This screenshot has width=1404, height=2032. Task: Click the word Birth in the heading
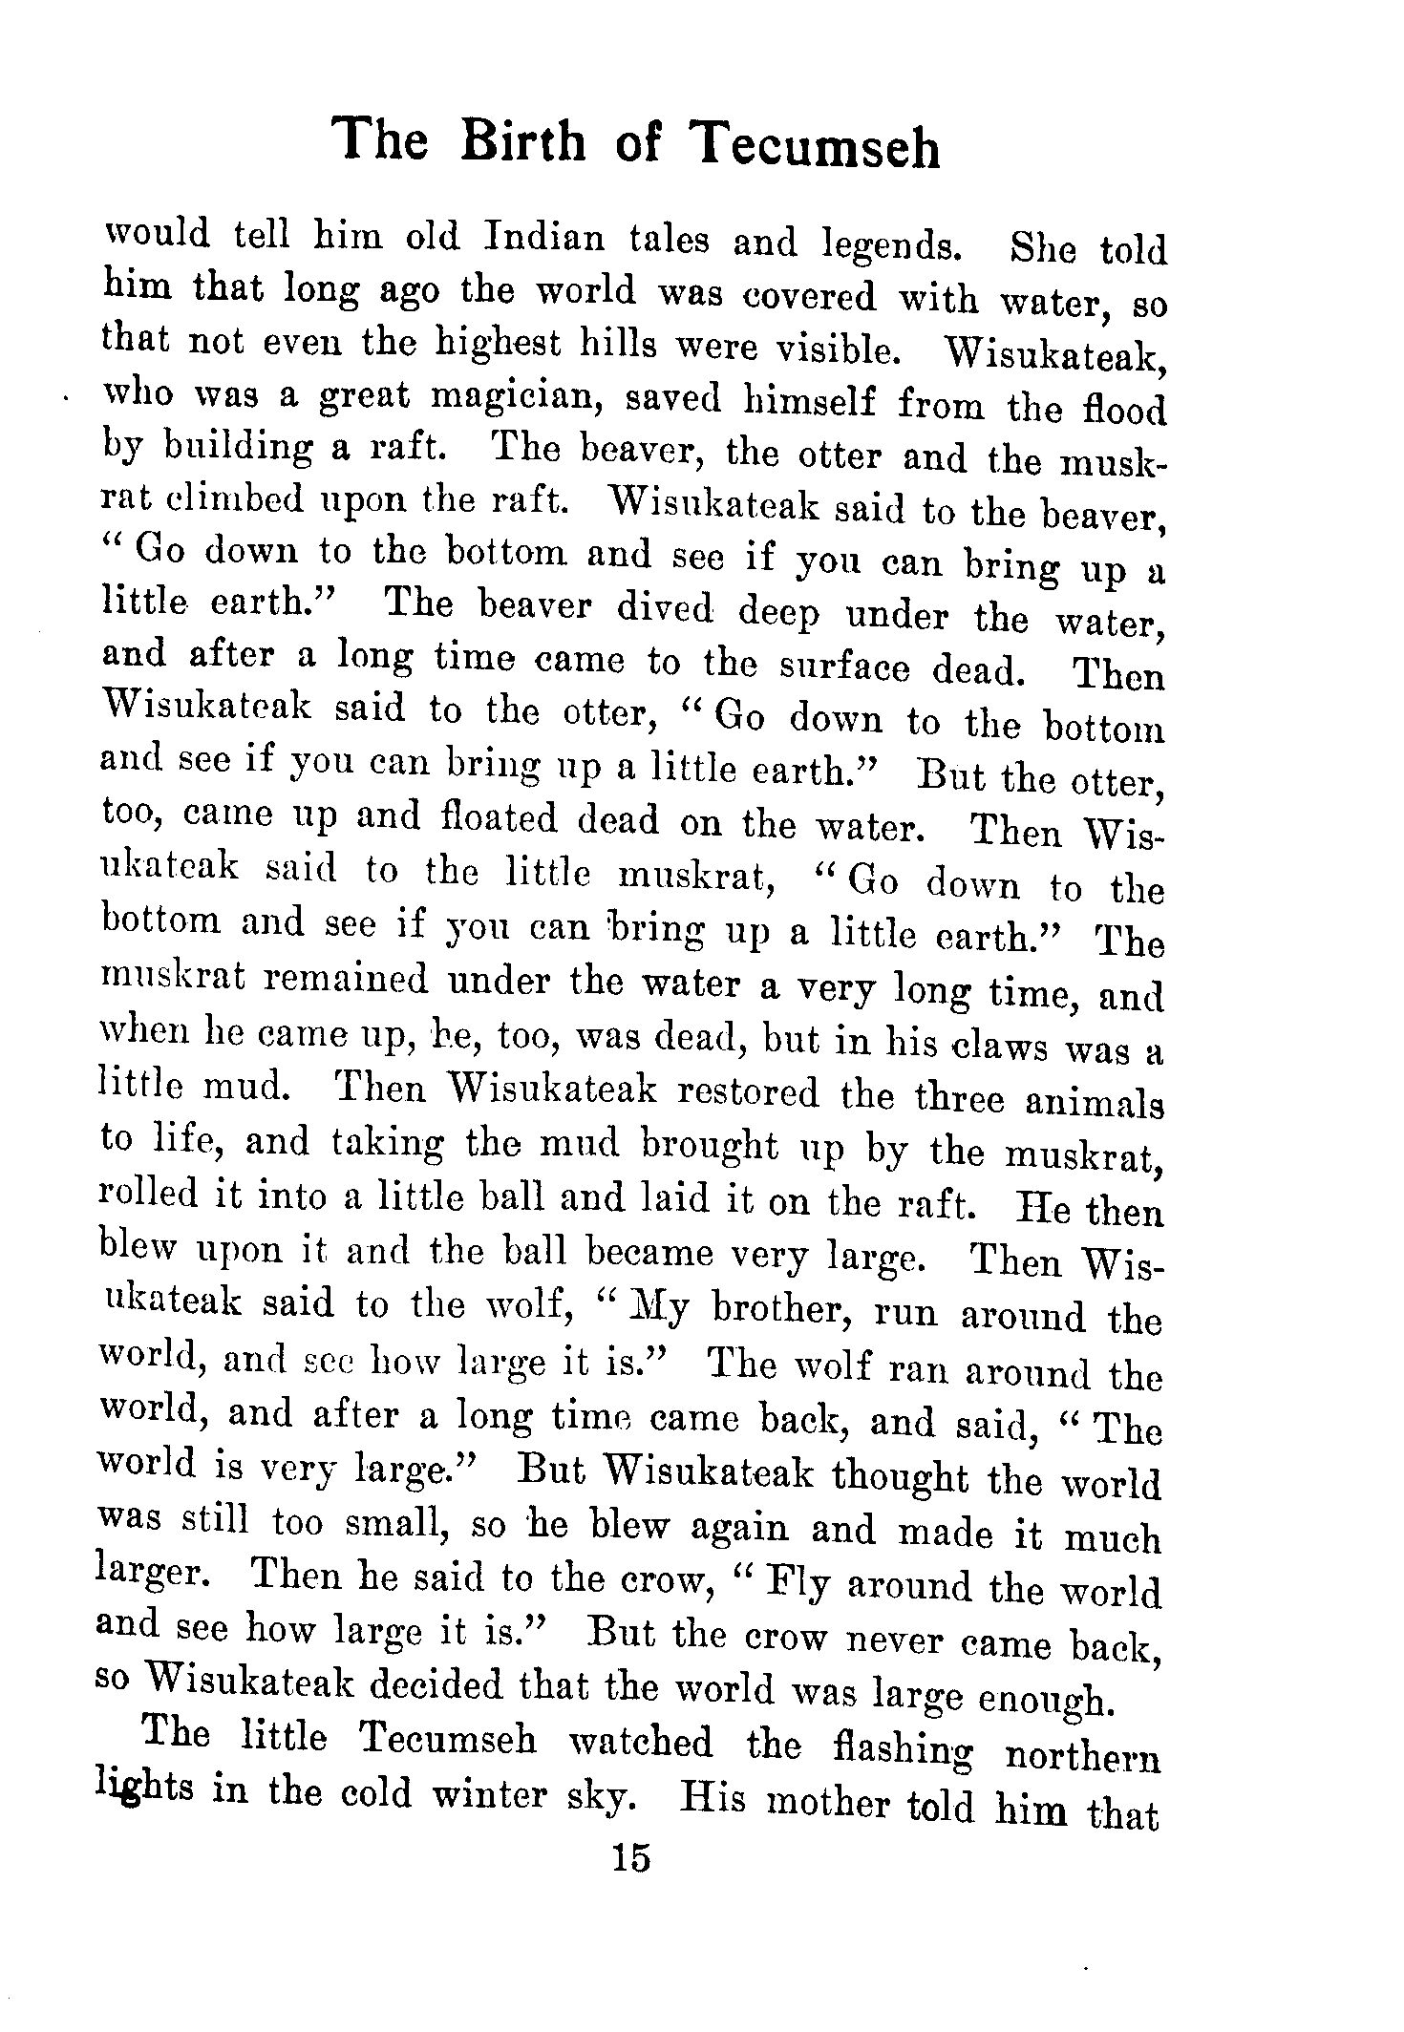coord(521,140)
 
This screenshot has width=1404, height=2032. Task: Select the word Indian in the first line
coord(543,236)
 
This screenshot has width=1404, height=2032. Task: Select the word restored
coord(755,1093)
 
